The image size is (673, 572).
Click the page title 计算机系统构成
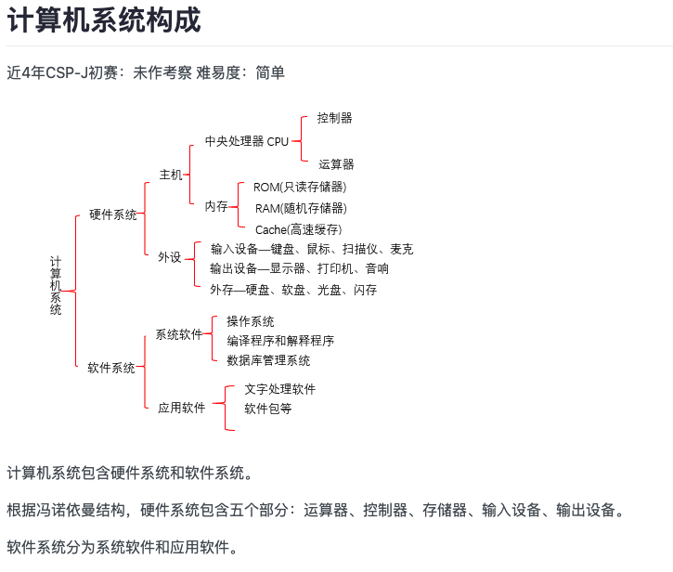104,19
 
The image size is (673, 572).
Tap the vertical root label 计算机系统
56,286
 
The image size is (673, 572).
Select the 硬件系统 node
113,214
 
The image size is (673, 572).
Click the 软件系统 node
111,368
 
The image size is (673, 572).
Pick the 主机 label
171,175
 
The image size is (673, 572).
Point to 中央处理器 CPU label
247,141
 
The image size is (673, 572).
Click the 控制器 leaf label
335,118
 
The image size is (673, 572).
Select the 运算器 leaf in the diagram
336,164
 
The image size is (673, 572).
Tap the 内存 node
216,206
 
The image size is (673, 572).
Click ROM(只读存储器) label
300,188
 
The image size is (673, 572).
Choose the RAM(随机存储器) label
301,208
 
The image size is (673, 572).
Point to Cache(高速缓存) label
298,229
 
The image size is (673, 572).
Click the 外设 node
170,257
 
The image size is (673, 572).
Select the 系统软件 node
179,334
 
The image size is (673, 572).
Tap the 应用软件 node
182,408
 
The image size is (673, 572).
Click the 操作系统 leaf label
251,321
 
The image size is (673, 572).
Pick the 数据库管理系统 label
268,360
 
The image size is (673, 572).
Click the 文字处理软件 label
279,389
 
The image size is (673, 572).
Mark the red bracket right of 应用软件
226,408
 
